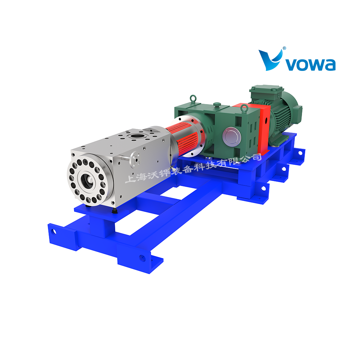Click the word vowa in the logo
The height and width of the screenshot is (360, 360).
(311, 64)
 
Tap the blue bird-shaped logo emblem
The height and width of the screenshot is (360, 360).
(270, 60)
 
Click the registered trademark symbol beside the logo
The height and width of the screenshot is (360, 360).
(284, 48)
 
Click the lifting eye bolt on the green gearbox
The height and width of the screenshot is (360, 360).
(193, 99)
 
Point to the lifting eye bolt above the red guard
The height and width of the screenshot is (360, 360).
(244, 108)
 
